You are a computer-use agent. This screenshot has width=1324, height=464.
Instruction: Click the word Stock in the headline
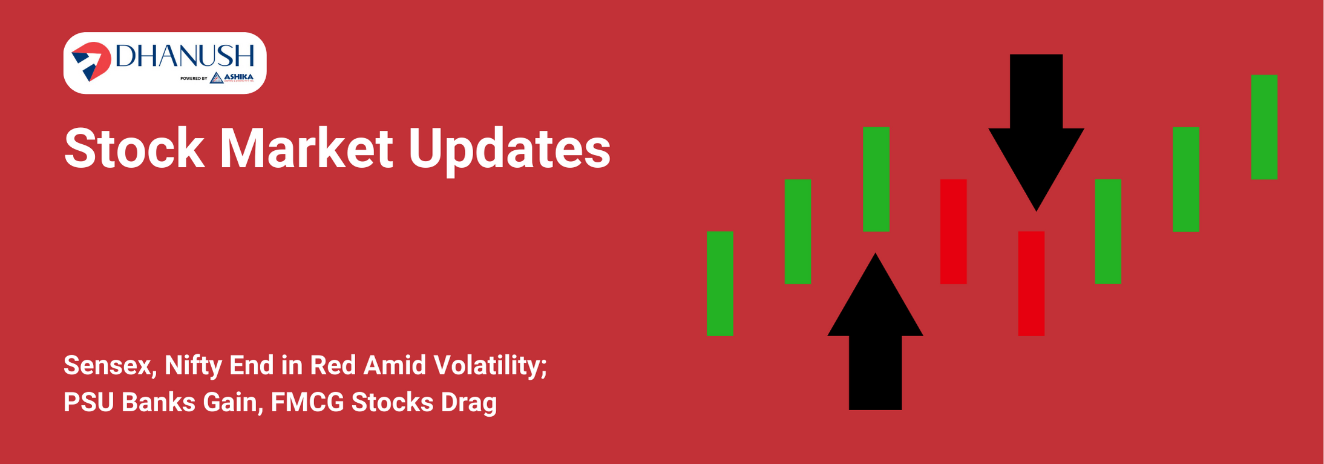(x=134, y=148)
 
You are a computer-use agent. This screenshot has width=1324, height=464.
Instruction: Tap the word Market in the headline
(x=306, y=148)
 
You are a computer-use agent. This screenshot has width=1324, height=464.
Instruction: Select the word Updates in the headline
(x=509, y=148)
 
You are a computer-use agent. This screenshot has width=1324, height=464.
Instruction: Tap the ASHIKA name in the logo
(x=238, y=77)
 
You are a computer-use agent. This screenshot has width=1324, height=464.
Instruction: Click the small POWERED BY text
(x=194, y=78)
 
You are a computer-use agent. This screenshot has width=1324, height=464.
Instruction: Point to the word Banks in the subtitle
(x=159, y=402)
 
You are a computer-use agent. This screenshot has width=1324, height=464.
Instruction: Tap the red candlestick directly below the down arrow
(x=1031, y=283)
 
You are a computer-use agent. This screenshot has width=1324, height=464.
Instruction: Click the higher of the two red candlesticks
(x=953, y=231)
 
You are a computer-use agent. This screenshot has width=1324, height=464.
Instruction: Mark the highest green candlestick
(x=1264, y=127)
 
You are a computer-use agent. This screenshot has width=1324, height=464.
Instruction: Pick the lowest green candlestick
(x=720, y=283)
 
